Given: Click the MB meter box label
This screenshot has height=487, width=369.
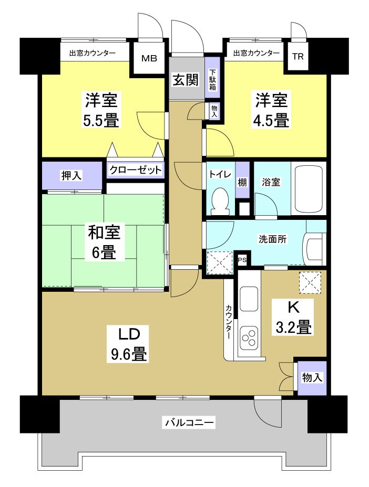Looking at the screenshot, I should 148,58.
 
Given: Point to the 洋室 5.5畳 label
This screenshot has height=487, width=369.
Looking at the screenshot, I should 101,110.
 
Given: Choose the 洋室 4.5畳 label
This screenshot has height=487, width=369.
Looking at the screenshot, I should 272,110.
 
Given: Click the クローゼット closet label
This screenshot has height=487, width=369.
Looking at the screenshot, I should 136,170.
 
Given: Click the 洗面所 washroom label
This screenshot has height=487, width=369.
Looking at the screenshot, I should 272,239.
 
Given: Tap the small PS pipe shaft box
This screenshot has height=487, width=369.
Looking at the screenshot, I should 242,259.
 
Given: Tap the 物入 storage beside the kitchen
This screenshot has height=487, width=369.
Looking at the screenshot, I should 312,377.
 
